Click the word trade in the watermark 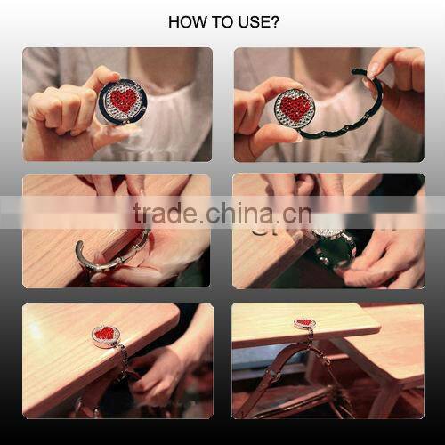tap(164, 213)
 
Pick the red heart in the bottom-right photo tap(304, 322)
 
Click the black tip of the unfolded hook tap(356, 72)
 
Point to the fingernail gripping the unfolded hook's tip tap(371, 70)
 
